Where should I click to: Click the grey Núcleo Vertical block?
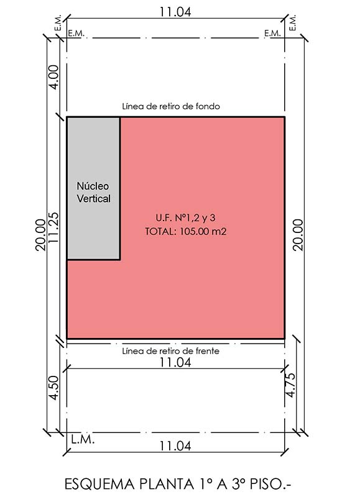click(93, 189)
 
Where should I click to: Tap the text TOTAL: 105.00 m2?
click(186, 232)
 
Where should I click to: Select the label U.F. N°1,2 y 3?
click(185, 218)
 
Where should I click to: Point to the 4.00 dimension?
click(54, 77)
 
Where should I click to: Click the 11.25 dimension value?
click(54, 227)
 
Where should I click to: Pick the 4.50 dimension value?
click(54, 388)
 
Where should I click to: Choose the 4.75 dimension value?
click(290, 385)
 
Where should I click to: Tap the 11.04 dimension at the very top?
click(175, 12)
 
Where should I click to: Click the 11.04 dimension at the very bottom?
click(175, 446)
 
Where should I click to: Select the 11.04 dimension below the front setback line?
click(175, 362)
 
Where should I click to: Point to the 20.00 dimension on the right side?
click(298, 235)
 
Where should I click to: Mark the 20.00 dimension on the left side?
click(40, 235)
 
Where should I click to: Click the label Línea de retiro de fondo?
click(171, 106)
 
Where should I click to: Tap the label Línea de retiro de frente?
click(170, 351)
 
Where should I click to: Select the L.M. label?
click(83, 440)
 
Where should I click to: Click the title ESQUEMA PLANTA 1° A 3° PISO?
click(178, 485)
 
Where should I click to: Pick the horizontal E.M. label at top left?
click(76, 34)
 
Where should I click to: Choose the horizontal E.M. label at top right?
click(272, 34)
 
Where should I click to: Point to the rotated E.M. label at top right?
click(292, 22)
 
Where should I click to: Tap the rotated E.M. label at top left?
click(58, 22)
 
